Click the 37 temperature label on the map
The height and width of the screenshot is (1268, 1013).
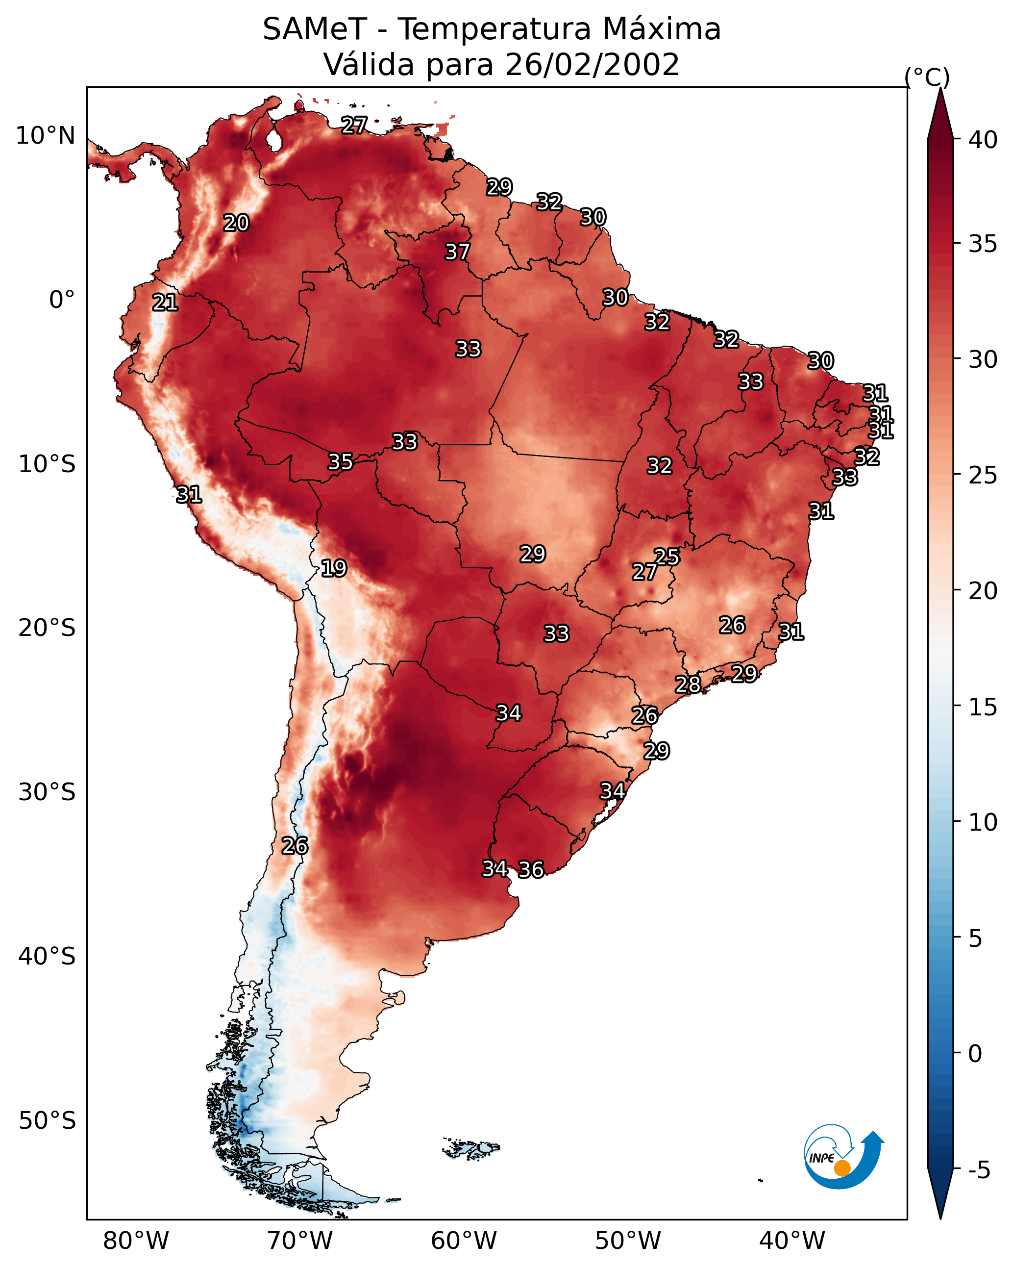pyautogui.click(x=457, y=252)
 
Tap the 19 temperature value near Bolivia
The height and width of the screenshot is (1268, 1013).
pyautogui.click(x=333, y=568)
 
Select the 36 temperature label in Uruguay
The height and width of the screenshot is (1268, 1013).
pyautogui.click(x=531, y=869)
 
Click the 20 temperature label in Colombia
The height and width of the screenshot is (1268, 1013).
pyautogui.click(x=236, y=223)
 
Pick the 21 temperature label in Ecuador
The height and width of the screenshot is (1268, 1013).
pyautogui.click(x=165, y=303)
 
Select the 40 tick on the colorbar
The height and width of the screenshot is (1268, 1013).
pyautogui.click(x=983, y=140)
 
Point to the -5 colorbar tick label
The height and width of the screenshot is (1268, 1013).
pyautogui.click(x=979, y=1170)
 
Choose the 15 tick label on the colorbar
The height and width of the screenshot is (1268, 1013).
pyautogui.click(x=983, y=707)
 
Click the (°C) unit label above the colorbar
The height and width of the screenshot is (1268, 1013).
pyautogui.click(x=927, y=77)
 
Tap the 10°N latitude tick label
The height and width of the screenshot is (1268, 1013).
pyautogui.click(x=45, y=136)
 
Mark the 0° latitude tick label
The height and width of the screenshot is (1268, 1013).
pyautogui.click(x=62, y=300)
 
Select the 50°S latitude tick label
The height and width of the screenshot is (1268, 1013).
pyautogui.click(x=47, y=1121)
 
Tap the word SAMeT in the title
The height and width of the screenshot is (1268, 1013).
pyautogui.click(x=315, y=29)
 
